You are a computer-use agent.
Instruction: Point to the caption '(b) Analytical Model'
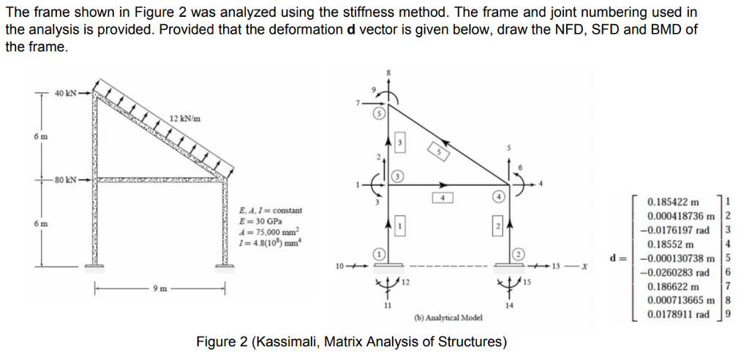click(x=445, y=318)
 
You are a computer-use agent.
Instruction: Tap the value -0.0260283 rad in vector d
click(x=675, y=272)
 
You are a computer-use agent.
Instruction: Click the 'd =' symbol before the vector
click(x=617, y=258)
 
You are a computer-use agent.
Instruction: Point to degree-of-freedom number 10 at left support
click(x=340, y=265)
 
